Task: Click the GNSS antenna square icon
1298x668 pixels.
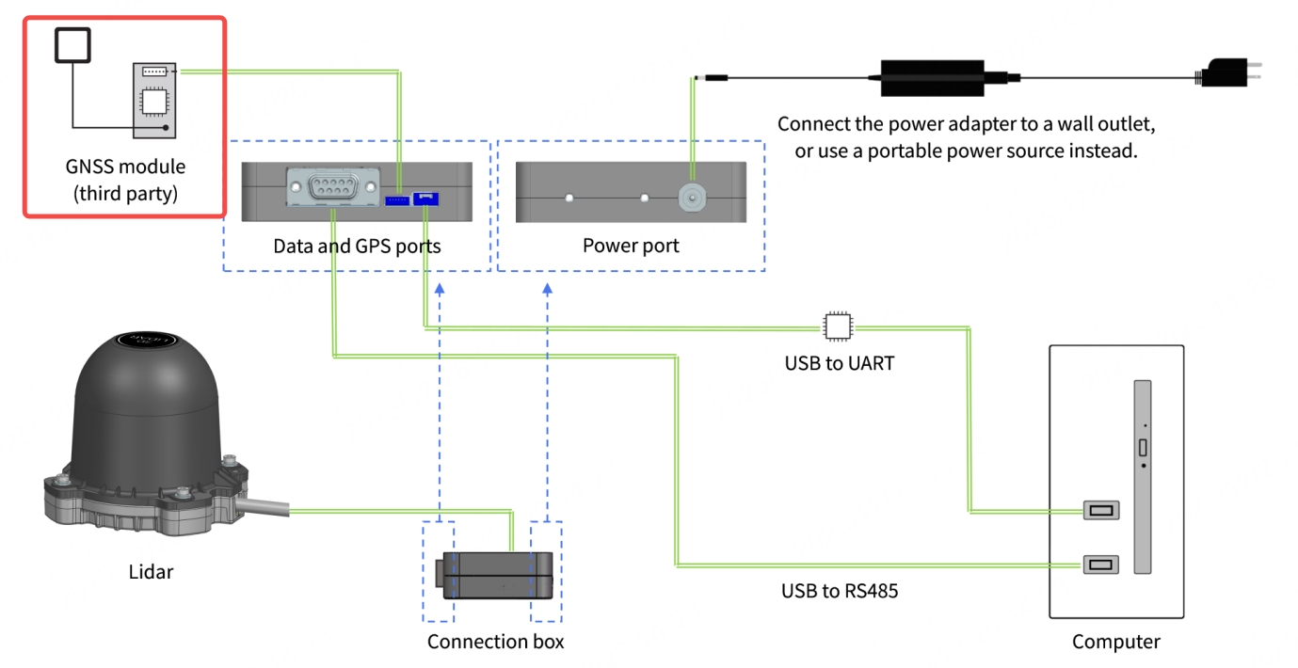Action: pyautogui.click(x=73, y=45)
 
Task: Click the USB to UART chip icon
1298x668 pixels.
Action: pyautogui.click(x=835, y=326)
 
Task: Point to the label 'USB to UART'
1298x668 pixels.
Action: pyautogui.click(x=839, y=362)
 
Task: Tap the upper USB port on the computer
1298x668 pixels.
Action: pyautogui.click(x=1100, y=512)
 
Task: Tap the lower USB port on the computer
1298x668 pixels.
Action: pyautogui.click(x=1100, y=565)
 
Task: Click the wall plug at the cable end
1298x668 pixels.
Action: pyautogui.click(x=1225, y=72)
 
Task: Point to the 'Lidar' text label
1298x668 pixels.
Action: pyautogui.click(x=151, y=571)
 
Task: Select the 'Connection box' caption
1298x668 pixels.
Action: pyautogui.click(x=495, y=642)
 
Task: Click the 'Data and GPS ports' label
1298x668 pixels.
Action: pyautogui.click(x=357, y=247)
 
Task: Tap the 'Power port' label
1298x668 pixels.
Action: pyautogui.click(x=631, y=247)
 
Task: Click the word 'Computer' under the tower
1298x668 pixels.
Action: pyautogui.click(x=1115, y=642)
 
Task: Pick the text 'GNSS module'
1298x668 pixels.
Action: pyautogui.click(x=125, y=167)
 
